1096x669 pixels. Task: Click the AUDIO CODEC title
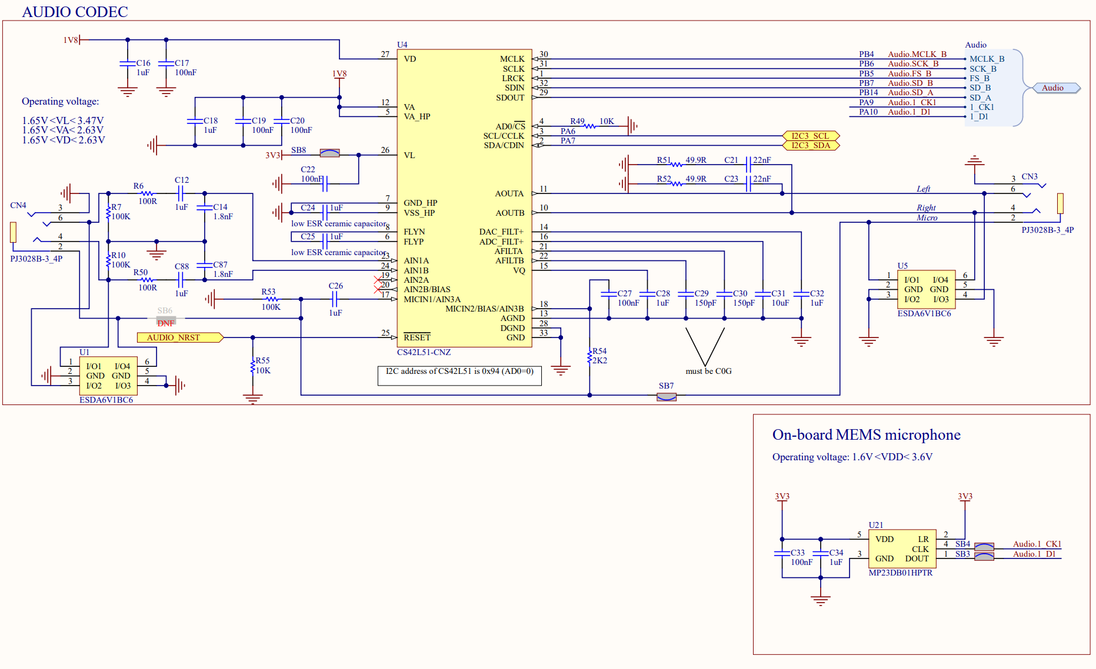tap(75, 12)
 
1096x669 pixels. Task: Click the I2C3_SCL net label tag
tap(810, 136)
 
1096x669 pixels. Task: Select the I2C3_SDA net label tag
tap(810, 145)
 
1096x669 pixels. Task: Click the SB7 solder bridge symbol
tap(666, 397)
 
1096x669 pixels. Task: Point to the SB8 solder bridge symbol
tap(329, 153)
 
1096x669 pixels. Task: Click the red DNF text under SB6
tap(165, 323)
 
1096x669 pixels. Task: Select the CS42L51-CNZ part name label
tap(424, 352)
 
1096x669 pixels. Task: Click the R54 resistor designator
tap(599, 351)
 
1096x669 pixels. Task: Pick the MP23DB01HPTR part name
tap(900, 573)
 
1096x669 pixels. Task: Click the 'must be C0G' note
tap(708, 371)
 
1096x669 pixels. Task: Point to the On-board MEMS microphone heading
tap(866, 435)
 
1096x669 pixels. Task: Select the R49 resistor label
tap(577, 121)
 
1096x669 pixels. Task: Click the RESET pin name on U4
tap(417, 337)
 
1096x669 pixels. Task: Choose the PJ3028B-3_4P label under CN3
tap(1047, 230)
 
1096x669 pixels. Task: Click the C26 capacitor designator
tap(335, 286)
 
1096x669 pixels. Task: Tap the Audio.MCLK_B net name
tap(917, 54)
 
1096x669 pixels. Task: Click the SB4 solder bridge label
tap(962, 544)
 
